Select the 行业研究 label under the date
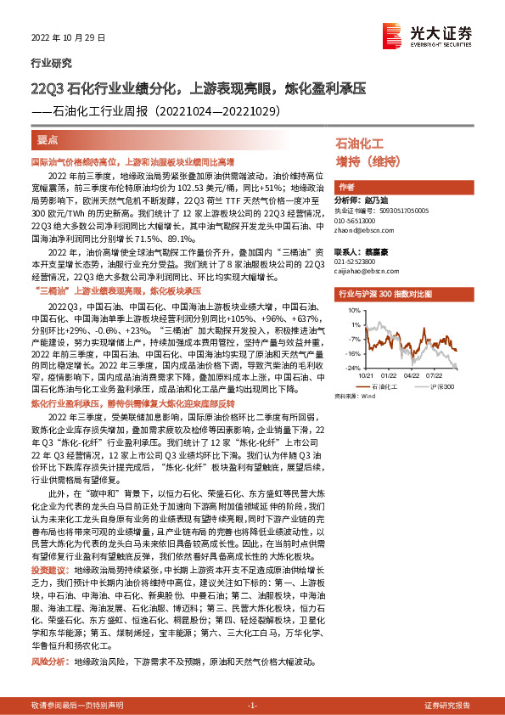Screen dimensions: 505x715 tap(52, 63)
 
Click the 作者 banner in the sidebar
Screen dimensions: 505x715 tap(345, 187)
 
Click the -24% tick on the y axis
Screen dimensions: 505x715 tap(351, 368)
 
